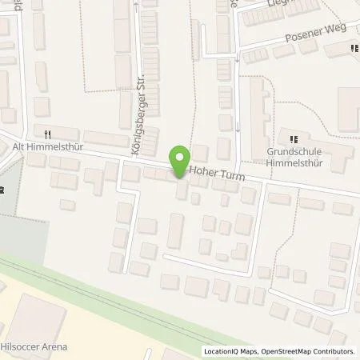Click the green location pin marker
coord(179,158)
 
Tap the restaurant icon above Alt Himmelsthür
coord(48,134)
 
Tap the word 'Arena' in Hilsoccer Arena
coord(54,346)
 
